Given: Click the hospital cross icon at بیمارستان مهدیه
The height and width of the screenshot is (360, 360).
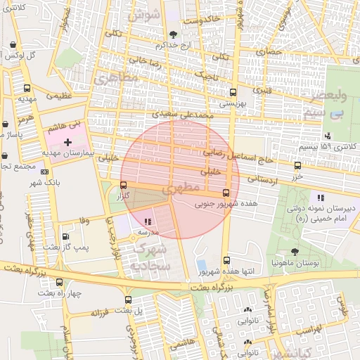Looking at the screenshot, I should point(67,142).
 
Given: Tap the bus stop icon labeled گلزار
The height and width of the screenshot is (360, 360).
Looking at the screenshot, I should point(124,186).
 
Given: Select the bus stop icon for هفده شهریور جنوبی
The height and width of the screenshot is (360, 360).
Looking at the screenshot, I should point(226,193).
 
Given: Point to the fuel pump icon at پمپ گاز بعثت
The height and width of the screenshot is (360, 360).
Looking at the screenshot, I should point(65,237).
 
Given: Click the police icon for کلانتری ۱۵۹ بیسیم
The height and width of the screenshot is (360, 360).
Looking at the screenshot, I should point(327,136).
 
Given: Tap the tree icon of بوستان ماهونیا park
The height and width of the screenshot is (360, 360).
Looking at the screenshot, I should point(294,252).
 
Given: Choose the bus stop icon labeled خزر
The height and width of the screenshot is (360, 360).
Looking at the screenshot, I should point(297,166).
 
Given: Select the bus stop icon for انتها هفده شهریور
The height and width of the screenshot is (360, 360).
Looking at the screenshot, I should point(226,260).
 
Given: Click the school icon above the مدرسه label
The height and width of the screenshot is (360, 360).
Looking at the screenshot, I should point(147,222).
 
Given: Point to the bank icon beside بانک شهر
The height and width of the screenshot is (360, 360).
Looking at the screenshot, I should point(46,171).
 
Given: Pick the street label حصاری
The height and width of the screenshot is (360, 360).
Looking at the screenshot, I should point(268,51).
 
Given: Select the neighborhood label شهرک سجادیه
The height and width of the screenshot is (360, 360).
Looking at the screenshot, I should point(153,258).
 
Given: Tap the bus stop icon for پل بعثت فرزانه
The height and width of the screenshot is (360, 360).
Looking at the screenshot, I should point(127,300).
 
